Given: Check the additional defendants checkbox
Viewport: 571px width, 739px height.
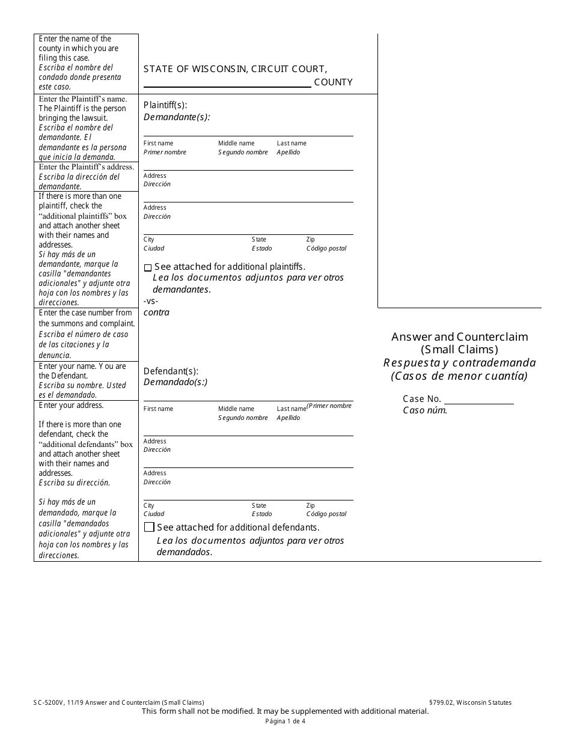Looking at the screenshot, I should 149,528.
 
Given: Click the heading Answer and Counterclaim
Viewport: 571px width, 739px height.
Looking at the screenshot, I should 460,336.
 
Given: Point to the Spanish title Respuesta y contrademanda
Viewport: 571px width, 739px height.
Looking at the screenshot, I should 460,362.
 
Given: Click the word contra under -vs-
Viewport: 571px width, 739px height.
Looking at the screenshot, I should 156,312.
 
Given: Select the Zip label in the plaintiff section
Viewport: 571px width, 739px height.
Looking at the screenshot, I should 310,239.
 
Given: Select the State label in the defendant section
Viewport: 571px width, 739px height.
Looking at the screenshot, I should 259,505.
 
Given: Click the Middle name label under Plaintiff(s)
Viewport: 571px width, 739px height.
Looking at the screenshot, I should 236,143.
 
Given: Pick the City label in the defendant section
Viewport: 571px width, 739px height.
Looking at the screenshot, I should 148,505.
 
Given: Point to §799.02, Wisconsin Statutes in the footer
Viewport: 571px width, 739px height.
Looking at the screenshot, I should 471,702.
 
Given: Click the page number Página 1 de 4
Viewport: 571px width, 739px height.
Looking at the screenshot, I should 285,722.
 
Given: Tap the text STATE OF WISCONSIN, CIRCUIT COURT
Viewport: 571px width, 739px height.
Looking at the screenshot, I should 236,69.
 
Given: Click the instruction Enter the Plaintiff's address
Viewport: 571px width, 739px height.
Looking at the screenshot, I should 86,166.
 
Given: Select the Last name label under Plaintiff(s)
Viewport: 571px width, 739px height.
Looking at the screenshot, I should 292,143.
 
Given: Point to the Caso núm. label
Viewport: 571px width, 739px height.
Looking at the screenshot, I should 425,411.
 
